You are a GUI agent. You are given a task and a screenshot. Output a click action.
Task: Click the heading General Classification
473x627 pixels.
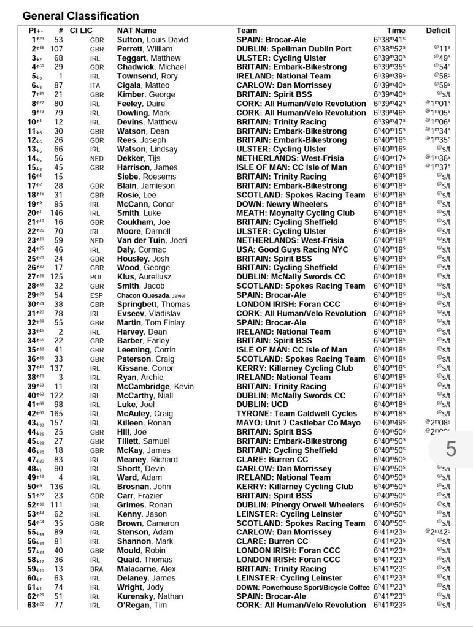(x=81, y=16)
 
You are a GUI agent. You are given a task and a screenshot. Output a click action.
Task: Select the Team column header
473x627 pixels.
(x=247, y=30)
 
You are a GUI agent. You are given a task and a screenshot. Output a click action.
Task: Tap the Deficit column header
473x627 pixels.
(x=438, y=30)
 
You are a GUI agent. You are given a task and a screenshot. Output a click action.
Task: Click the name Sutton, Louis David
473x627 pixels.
(x=152, y=39)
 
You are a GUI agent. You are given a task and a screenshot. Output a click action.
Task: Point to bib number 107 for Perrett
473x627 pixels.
(x=57, y=48)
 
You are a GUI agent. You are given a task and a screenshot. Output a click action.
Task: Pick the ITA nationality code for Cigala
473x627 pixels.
(x=94, y=85)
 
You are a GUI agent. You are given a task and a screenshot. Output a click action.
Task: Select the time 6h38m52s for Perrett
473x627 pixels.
(x=393, y=48)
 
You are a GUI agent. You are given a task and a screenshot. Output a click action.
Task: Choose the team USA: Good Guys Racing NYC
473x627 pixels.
(x=292, y=249)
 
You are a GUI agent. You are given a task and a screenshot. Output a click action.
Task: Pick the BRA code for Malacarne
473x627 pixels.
(x=94, y=569)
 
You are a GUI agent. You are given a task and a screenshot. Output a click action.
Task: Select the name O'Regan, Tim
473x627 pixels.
(x=142, y=606)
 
